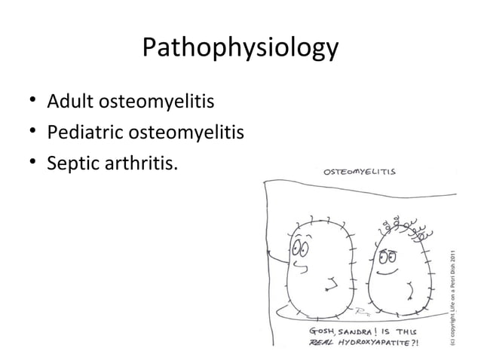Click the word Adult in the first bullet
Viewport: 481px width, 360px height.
[x=69, y=100]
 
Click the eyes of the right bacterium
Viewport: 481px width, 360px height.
[x=386, y=255]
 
